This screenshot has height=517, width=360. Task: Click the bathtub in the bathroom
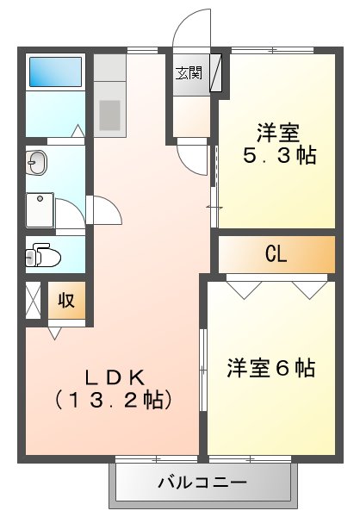pos(55,72)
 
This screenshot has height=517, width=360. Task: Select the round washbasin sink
pos(36,162)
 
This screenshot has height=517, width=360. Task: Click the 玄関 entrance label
pos(189,73)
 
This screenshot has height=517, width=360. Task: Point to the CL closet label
pos(276,253)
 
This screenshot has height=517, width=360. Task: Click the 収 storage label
pos(66,301)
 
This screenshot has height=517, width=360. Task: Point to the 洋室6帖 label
pos(270,368)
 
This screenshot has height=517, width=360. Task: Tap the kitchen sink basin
pos(109,113)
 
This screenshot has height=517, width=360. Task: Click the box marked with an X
pos(33,301)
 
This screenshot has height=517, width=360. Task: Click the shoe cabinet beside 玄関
pos(215,73)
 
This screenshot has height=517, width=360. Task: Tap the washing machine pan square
pos(40,209)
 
